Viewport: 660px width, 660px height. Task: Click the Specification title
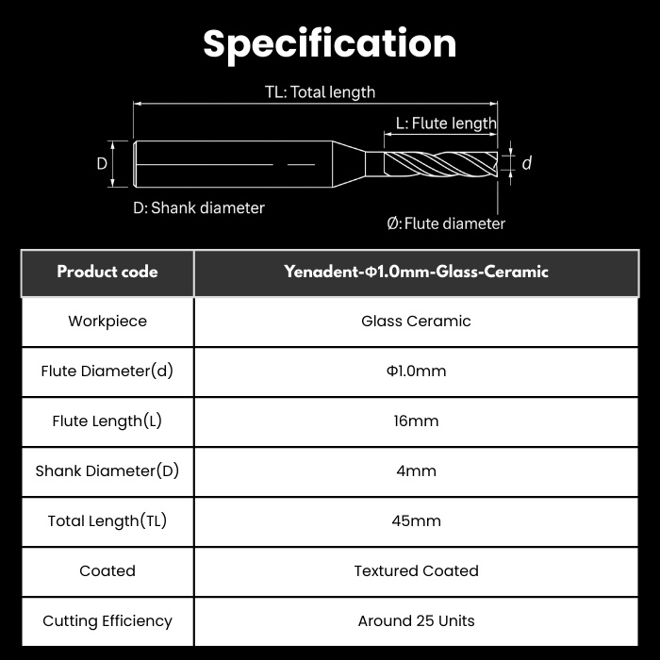(330, 44)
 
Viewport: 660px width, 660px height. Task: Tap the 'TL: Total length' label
(320, 92)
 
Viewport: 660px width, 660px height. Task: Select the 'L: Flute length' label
(446, 124)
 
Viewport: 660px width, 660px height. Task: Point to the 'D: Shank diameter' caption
(199, 208)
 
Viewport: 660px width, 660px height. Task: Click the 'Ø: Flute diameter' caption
(446, 223)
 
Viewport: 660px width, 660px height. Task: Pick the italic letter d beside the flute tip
(526, 163)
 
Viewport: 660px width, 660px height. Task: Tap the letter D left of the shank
(102, 163)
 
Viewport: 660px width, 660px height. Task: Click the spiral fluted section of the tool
(440, 164)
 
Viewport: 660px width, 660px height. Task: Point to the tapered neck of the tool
(349, 164)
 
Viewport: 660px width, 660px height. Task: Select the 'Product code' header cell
(107, 272)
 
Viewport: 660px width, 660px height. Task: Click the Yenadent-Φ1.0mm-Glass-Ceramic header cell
(417, 272)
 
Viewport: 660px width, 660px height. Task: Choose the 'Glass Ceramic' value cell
(417, 322)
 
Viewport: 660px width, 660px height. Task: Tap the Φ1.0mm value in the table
(417, 371)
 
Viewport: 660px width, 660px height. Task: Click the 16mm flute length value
(417, 421)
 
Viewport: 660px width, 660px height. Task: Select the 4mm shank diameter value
(417, 471)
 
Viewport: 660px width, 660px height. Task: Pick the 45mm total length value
(417, 521)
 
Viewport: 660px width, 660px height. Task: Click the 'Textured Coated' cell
(417, 571)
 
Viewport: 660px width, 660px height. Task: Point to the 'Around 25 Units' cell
(417, 621)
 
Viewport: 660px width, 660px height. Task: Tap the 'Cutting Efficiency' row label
(107, 621)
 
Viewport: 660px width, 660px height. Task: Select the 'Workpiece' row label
(107, 322)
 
